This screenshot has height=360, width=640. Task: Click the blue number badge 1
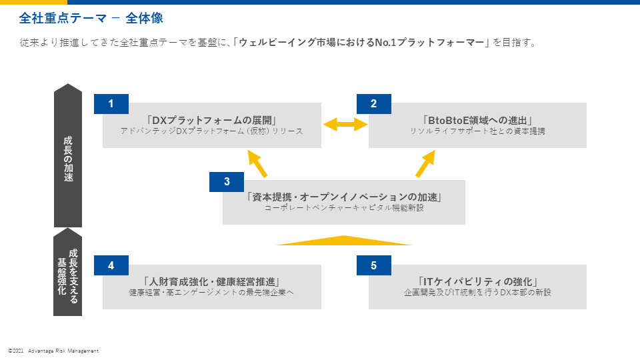pyautogui.click(x=111, y=104)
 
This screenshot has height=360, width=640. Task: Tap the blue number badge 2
pyautogui.click(x=374, y=104)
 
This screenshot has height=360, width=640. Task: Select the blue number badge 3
pyautogui.click(x=227, y=181)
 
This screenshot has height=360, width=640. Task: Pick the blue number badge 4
pyautogui.click(x=111, y=265)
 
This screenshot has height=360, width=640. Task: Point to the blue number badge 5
pyautogui.click(x=374, y=265)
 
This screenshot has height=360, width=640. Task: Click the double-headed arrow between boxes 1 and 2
pyautogui.click(x=345, y=125)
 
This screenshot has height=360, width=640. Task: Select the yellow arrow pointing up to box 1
pyautogui.click(x=257, y=164)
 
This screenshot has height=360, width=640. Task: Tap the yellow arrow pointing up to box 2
pyautogui.click(x=425, y=164)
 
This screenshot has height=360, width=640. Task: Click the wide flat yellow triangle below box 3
pyautogui.click(x=344, y=241)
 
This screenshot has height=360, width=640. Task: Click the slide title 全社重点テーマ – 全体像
pyautogui.click(x=91, y=18)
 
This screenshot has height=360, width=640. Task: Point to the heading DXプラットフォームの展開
pyautogui.click(x=212, y=121)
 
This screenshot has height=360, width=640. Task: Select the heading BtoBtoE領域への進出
pyautogui.click(x=477, y=121)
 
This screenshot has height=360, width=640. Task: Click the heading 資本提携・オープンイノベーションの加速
pyautogui.click(x=344, y=197)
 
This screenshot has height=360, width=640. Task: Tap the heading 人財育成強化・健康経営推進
pyautogui.click(x=212, y=281)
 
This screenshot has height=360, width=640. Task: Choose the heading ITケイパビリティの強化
pyautogui.click(x=477, y=281)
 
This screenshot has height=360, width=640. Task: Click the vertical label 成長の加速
pyautogui.click(x=68, y=159)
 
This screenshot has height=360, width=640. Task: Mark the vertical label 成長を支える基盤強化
pyautogui.click(x=68, y=276)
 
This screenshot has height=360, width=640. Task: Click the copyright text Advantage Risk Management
pyautogui.click(x=63, y=351)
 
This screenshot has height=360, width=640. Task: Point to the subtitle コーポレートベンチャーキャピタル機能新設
pyautogui.click(x=344, y=208)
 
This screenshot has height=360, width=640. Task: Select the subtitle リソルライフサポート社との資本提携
pyautogui.click(x=477, y=131)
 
